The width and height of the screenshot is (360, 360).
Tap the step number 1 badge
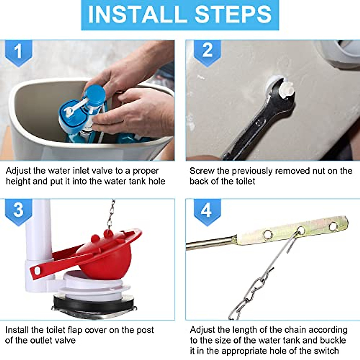click(x=18, y=51)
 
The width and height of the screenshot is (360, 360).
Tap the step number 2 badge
click(x=207, y=50)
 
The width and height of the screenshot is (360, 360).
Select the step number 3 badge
click(x=18, y=210)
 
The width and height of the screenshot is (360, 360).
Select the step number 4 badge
click(x=207, y=210)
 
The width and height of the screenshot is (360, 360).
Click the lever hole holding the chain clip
click(x=301, y=230)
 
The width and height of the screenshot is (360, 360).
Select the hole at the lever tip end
click(x=333, y=226)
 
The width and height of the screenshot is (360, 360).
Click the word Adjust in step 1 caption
click(x=18, y=171)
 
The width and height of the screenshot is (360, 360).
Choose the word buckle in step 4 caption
click(x=333, y=340)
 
